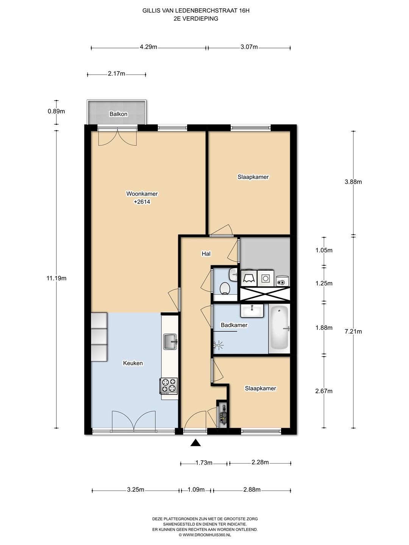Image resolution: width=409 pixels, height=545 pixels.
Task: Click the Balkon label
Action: [x=119, y=114]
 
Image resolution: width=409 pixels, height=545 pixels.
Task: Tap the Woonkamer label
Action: [x=142, y=194]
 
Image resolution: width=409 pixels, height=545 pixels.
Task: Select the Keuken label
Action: [x=133, y=363]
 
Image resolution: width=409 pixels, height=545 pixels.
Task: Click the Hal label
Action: [x=206, y=254]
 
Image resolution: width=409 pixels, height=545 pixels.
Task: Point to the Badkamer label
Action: [x=234, y=325]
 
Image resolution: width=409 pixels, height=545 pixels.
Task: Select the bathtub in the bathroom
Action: [x=279, y=328]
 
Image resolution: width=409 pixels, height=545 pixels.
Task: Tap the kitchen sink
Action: [x=170, y=341]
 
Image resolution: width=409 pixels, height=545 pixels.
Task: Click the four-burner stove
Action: [x=169, y=386]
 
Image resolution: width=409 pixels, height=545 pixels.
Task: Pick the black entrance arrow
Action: [x=195, y=443]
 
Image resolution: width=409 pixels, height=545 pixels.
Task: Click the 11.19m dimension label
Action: [x=56, y=278]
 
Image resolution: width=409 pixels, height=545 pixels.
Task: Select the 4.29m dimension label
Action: [x=148, y=47]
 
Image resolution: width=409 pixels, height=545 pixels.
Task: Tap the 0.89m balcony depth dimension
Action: [x=56, y=111]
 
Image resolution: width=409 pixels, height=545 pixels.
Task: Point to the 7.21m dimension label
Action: [x=353, y=332]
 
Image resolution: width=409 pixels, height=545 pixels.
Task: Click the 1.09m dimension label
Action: [x=196, y=490]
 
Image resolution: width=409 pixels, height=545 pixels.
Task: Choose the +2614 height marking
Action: [x=142, y=202]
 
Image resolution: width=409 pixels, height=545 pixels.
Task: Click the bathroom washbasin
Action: [x=252, y=311]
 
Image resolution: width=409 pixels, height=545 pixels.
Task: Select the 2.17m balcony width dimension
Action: [x=117, y=74]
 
